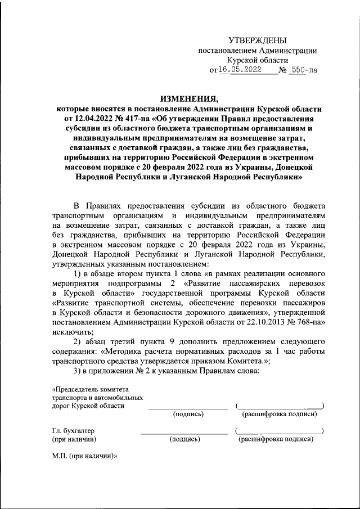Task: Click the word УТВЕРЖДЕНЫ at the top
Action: pos(258,40)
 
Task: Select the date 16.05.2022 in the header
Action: pos(240,71)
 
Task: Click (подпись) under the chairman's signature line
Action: pos(188,415)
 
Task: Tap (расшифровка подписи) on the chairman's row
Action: pos(279,415)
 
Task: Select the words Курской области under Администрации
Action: pos(258,60)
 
